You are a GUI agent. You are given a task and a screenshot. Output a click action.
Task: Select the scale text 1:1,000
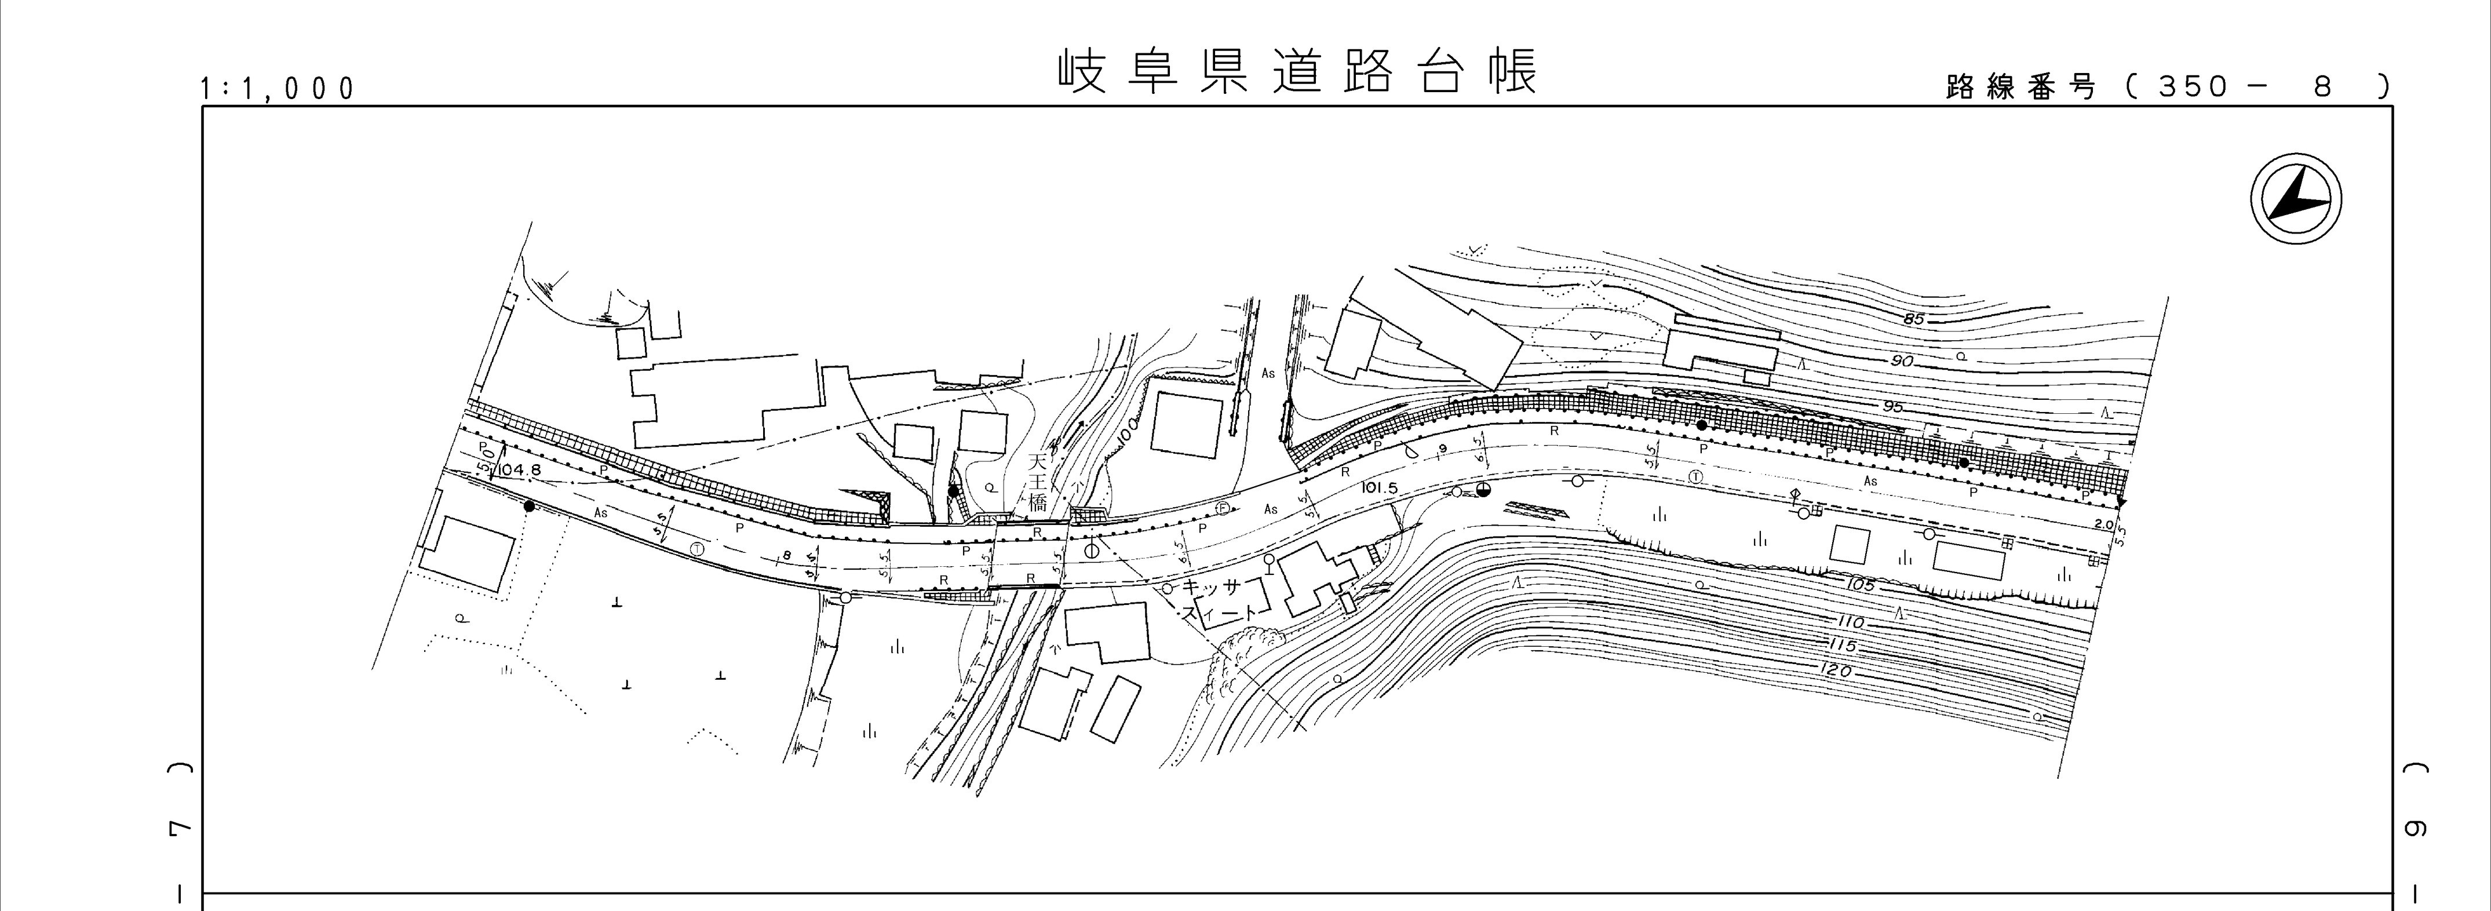click(x=278, y=89)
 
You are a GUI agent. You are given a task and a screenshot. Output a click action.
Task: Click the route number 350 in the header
click(x=2191, y=87)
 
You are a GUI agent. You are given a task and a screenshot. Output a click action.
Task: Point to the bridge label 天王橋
click(x=1038, y=482)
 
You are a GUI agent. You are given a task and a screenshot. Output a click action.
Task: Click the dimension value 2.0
click(x=2102, y=524)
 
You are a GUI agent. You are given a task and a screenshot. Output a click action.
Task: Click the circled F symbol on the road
click(x=1223, y=508)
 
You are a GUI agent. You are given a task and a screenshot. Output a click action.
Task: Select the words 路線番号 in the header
click(x=2020, y=87)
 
